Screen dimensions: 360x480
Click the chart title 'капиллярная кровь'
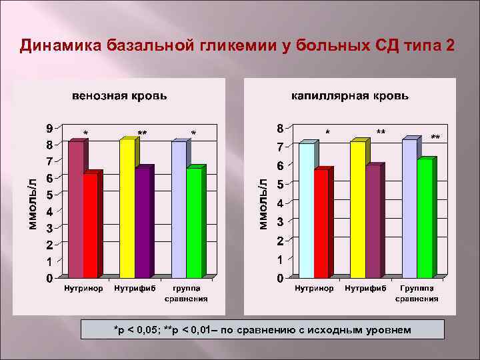(x=349, y=96)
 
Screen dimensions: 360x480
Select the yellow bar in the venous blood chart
(x=127, y=208)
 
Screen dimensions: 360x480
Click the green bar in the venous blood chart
(x=194, y=223)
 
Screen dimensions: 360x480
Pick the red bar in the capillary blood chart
(x=321, y=223)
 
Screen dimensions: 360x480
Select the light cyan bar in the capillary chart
(x=305, y=209)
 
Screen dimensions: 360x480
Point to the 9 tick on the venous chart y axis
(x=50, y=127)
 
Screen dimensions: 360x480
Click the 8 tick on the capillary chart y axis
(x=280, y=127)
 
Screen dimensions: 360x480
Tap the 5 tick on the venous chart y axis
(x=50, y=194)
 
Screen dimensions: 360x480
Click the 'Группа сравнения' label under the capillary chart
(x=417, y=294)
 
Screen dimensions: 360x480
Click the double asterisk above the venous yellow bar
(x=142, y=133)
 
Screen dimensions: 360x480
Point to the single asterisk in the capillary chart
(x=327, y=133)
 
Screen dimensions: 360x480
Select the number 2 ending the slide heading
(x=452, y=45)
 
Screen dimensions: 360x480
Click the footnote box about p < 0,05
(x=261, y=330)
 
